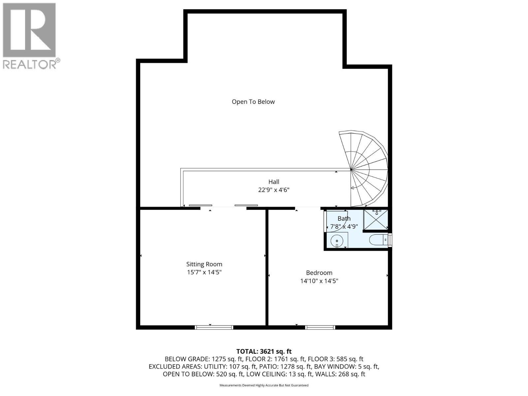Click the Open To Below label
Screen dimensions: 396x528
coord(253,102)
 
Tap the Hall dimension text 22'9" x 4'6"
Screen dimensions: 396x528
coord(274,190)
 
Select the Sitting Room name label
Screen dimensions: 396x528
coord(204,264)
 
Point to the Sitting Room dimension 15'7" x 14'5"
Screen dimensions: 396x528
coord(204,273)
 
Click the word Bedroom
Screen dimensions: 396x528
coord(319,273)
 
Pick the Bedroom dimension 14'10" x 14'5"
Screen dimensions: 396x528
coord(319,281)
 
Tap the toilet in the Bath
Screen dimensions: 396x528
coord(377,240)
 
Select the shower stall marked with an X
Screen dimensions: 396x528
coord(376,219)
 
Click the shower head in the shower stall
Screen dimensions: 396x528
coord(377,211)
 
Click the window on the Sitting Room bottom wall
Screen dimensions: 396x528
coord(214,327)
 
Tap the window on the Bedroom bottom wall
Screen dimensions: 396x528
coord(320,327)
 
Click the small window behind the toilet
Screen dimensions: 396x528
coord(390,240)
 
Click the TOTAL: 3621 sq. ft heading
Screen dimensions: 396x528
coord(264,351)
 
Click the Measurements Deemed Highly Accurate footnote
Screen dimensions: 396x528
coord(264,385)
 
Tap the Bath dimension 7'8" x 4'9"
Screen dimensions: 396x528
coord(344,227)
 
